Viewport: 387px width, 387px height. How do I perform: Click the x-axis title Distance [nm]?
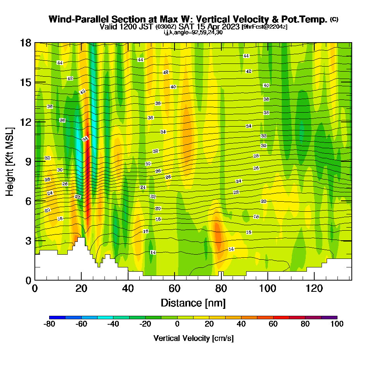(x=193, y=302)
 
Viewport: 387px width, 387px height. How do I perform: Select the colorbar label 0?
(x=177, y=324)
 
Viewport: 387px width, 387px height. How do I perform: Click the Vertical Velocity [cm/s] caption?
(x=193, y=338)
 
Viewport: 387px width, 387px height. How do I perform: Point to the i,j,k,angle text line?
(x=193, y=33)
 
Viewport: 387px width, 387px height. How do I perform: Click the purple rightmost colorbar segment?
(x=329, y=317)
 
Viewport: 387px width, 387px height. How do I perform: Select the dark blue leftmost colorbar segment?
(x=57, y=317)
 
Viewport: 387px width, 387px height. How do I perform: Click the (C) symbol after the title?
(x=334, y=19)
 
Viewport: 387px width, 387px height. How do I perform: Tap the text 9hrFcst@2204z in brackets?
(x=264, y=27)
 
